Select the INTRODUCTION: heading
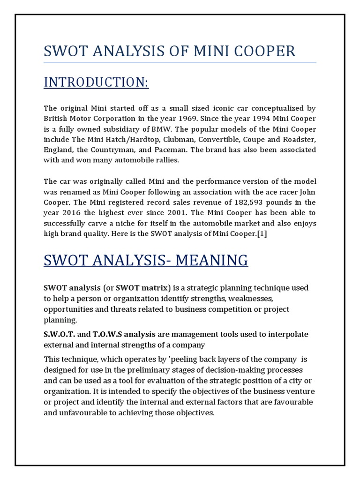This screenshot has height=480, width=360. click(x=96, y=82)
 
